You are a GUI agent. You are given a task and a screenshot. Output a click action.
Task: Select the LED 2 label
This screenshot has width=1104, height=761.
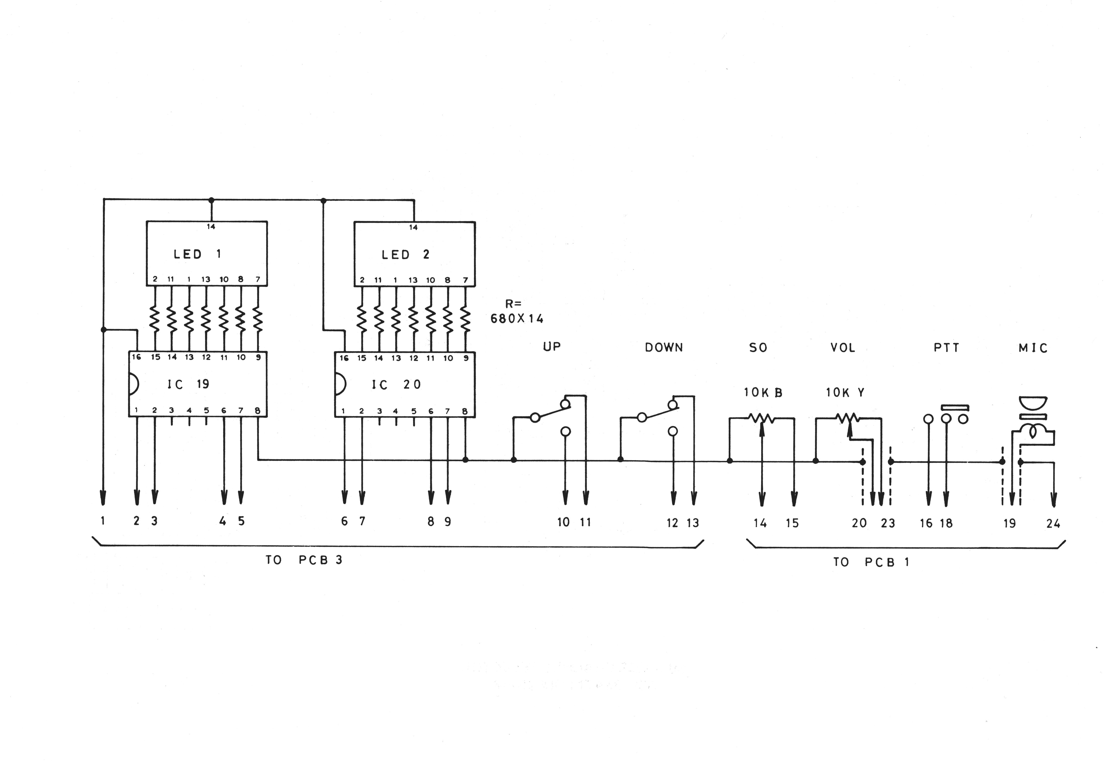[x=405, y=255]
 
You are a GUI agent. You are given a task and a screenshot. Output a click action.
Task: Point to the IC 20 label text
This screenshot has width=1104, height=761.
[x=396, y=385]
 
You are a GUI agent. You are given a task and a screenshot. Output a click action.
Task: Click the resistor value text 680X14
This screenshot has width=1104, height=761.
[x=517, y=318]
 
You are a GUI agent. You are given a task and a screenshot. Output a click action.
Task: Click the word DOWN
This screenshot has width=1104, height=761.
[x=664, y=348]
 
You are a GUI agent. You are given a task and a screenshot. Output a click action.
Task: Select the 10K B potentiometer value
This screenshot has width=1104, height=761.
[x=763, y=393]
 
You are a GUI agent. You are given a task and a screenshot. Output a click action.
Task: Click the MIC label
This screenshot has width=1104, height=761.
[x=1033, y=348]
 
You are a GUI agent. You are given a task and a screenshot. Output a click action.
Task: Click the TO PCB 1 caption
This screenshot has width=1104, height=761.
[x=871, y=562]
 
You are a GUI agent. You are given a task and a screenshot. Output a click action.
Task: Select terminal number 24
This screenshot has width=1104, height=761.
[x=1053, y=524]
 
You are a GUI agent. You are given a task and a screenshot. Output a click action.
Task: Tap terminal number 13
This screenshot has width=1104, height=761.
[x=692, y=523]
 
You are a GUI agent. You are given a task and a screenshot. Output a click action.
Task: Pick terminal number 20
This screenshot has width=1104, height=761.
[x=859, y=523]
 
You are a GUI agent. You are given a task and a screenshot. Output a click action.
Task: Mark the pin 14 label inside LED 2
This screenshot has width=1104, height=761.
[x=413, y=227]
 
